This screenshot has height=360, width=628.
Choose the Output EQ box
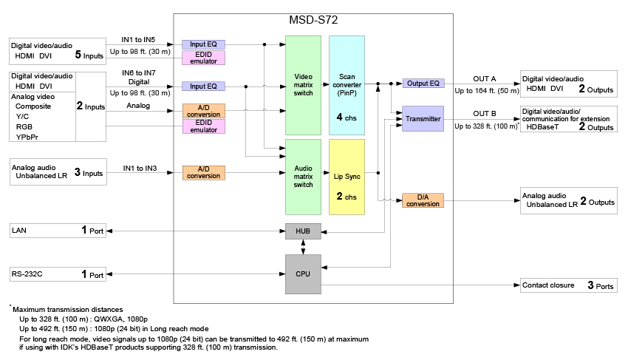tap(423, 84)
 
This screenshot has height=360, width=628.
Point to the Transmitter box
tap(423, 119)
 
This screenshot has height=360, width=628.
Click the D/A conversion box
tap(423, 200)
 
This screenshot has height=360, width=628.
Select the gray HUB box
tap(304, 231)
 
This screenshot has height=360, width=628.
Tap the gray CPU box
tap(304, 273)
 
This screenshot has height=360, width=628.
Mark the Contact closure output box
tap(568, 285)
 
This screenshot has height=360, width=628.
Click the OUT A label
tap(484, 78)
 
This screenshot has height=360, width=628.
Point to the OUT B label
tap(484, 114)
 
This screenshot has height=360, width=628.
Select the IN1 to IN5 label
tap(139, 38)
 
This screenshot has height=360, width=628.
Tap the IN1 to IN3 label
tap(139, 169)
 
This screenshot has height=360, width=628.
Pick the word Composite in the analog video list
tap(33, 106)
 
